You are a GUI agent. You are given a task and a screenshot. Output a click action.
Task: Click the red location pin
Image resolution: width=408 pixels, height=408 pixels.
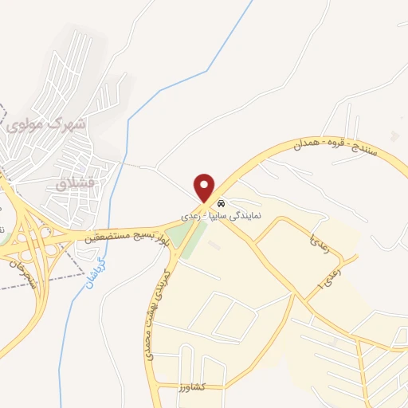pyautogui.click(x=206, y=187)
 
